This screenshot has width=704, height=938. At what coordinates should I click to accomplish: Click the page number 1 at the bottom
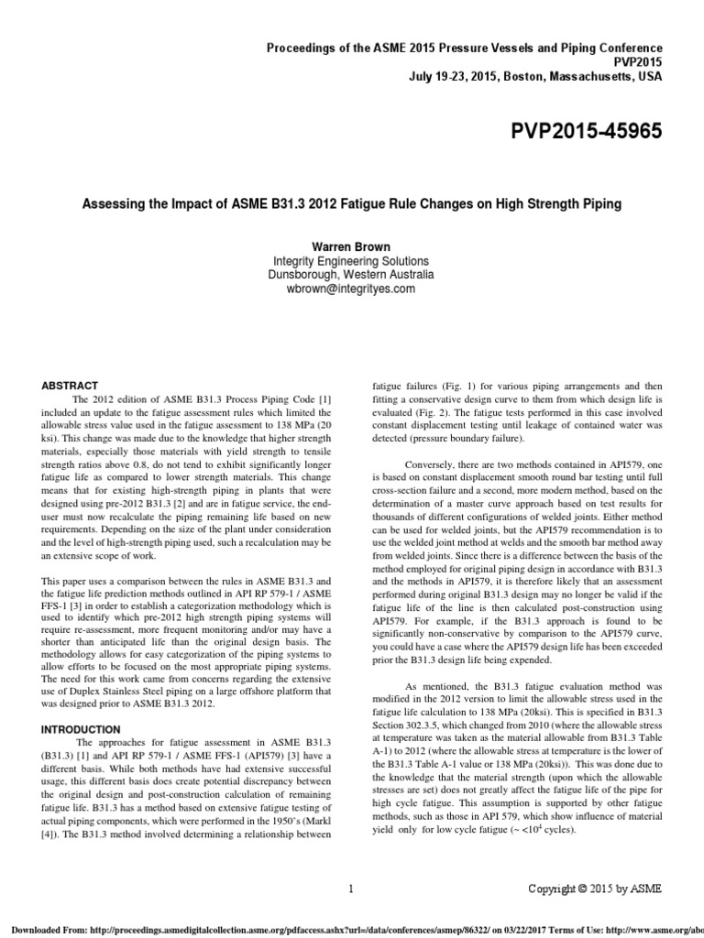point(352,888)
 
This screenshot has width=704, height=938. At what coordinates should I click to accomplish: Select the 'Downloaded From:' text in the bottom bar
point(38,925)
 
